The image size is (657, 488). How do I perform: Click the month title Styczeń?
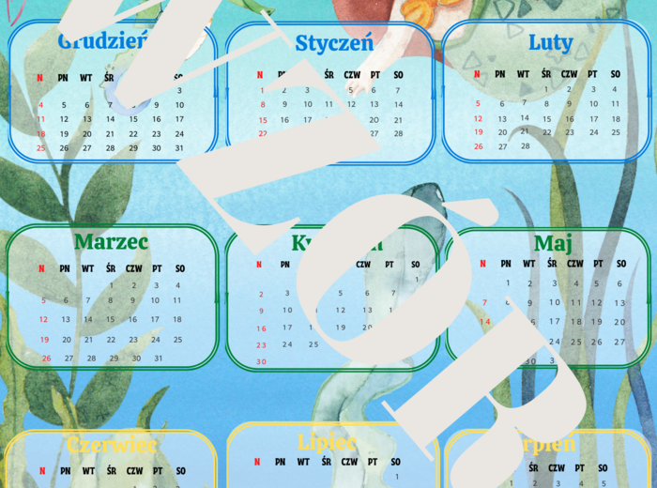[334, 42]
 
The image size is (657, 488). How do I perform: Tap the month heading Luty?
[550, 41]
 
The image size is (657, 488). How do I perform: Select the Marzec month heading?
[111, 242]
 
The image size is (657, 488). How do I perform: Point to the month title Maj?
[554, 244]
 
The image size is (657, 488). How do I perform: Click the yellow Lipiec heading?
[327, 442]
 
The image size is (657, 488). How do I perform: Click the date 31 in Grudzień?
[179, 147]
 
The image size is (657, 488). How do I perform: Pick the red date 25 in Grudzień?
[40, 147]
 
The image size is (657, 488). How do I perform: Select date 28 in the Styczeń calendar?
[398, 133]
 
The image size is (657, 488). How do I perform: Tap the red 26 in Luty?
[478, 146]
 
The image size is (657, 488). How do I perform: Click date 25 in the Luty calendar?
[616, 132]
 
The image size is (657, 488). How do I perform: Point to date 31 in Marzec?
[158, 358]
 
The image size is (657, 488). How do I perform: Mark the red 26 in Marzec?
[46, 358]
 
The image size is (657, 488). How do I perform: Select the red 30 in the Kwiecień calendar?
[261, 361]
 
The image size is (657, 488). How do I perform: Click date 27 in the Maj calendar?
[619, 343]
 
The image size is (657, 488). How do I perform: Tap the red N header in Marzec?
[40, 268]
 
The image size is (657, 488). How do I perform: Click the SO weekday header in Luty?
[616, 74]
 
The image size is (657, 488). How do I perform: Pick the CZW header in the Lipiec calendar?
[349, 462]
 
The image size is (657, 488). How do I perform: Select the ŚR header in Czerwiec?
[111, 471]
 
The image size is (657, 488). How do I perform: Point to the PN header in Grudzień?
[63, 78]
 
